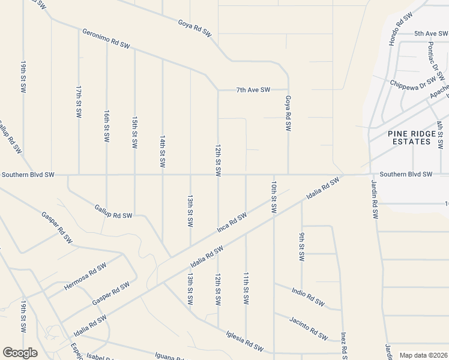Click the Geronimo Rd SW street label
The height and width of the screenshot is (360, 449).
tap(106, 38)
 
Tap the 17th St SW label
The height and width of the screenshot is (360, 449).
tap(79, 101)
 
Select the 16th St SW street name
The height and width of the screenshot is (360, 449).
tap(107, 125)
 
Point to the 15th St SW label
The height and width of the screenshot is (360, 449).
tap(134, 133)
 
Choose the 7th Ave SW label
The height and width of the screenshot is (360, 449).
tap(253, 90)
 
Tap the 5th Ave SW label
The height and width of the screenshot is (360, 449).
tap(432, 34)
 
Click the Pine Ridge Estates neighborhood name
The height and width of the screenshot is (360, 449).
tap(409, 137)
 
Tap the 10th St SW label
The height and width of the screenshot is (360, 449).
tap(273, 197)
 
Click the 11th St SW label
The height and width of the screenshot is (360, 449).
tap(246, 287)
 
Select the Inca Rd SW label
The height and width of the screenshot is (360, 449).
tap(232, 223)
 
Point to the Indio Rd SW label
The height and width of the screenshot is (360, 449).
tap(309, 296)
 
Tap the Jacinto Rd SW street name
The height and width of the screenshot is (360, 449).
tap(309, 327)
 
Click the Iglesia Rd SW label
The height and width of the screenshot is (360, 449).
tap(245, 343)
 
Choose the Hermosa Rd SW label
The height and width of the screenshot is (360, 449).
tap(85, 277)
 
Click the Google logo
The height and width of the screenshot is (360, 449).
tap(20, 353)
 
